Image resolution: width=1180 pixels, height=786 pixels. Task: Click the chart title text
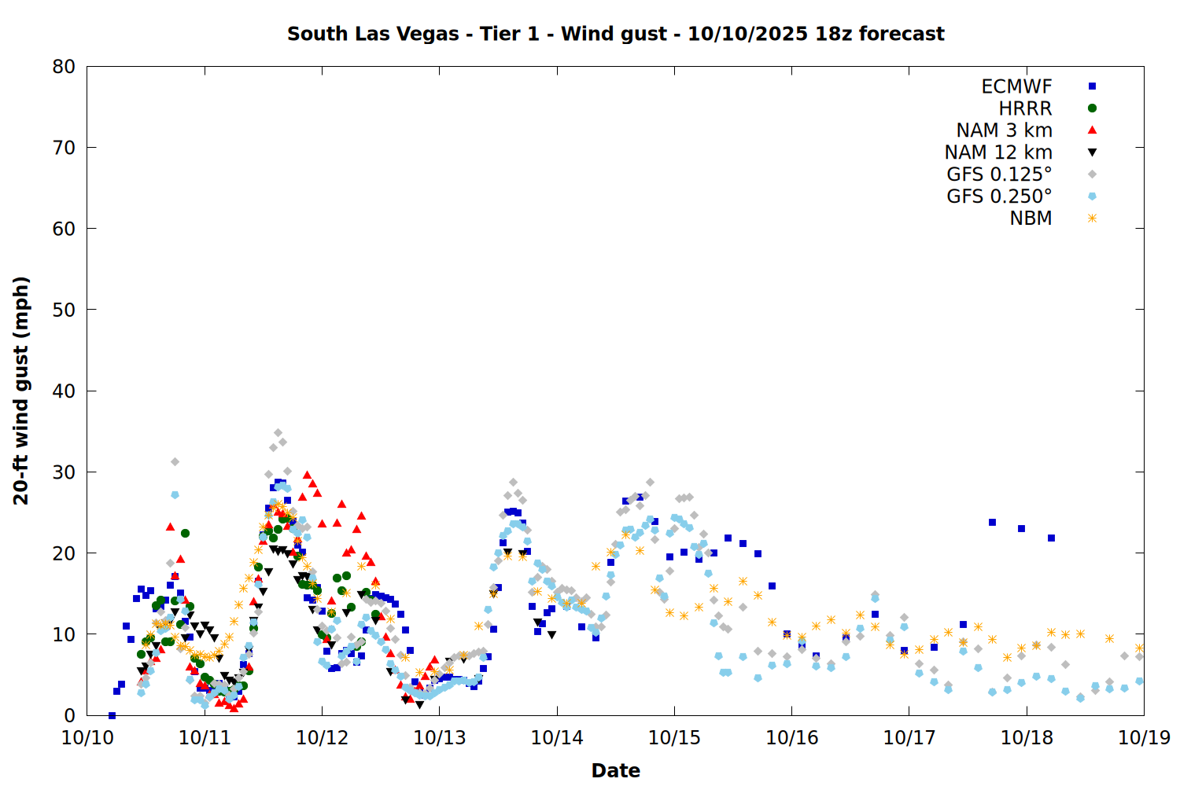point(615,34)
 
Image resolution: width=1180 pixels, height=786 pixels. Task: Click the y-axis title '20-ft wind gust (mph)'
point(21,391)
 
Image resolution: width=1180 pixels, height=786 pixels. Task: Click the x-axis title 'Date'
point(615,770)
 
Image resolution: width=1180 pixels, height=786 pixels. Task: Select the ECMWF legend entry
point(1016,86)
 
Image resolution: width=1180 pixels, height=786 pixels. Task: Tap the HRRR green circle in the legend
point(1092,108)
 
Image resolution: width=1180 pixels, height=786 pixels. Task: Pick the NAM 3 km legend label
point(1004,130)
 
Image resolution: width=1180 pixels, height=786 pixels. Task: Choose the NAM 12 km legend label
point(998,152)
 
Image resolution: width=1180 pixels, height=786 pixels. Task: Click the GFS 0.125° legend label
point(999,174)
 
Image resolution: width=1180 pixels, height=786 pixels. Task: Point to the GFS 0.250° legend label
point(999,196)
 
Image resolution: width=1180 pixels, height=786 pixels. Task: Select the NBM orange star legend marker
point(1092,219)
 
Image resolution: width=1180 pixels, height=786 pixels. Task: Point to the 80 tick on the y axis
point(64,67)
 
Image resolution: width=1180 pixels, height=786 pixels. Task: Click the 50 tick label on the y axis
point(64,310)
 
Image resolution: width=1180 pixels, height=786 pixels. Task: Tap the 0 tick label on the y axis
point(70,715)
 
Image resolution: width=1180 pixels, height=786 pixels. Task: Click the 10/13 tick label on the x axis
point(440,737)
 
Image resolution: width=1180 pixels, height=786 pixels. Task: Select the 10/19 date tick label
point(1144,737)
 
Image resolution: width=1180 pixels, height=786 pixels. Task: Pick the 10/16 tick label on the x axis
point(791,737)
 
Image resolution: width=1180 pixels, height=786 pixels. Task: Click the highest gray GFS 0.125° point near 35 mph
point(278,433)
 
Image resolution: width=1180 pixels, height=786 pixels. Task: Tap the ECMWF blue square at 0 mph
point(112,715)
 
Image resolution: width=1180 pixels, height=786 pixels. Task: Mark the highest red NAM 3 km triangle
point(307,476)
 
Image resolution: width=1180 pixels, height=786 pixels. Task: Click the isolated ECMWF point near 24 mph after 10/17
point(992,522)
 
